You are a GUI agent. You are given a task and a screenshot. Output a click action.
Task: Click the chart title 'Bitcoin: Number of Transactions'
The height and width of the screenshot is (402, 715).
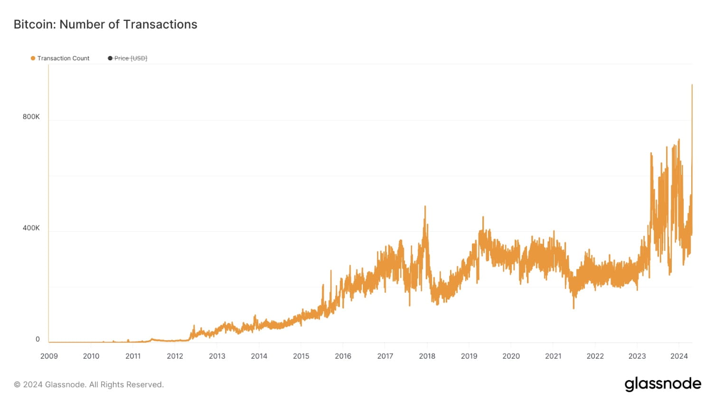105,24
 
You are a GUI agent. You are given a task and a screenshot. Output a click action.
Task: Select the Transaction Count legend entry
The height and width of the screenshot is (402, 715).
63,58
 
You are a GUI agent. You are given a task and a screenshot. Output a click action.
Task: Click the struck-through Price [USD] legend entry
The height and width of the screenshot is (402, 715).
131,58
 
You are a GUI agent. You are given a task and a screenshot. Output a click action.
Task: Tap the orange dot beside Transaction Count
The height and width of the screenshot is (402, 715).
33,58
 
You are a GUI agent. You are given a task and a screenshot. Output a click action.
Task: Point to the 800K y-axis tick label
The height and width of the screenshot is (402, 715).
31,117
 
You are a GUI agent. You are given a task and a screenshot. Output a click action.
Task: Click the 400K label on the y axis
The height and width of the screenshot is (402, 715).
31,228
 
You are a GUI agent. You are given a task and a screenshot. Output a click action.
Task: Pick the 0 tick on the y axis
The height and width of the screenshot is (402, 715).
38,339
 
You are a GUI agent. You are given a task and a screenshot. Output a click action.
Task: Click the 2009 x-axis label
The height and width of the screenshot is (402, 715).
49,356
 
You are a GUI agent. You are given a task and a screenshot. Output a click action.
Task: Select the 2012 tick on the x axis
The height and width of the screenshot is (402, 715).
175,356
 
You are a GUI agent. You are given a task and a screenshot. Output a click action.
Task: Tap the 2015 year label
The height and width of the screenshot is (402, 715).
301,356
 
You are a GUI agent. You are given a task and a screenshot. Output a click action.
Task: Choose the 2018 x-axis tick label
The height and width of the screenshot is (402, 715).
427,356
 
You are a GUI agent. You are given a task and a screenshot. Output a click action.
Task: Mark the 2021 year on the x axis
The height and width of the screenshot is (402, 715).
553,356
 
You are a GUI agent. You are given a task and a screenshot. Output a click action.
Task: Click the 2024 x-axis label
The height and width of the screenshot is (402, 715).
679,356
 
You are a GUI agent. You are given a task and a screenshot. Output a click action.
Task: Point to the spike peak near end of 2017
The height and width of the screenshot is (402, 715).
425,206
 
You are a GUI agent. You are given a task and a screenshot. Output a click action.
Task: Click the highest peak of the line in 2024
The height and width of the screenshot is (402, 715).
692,85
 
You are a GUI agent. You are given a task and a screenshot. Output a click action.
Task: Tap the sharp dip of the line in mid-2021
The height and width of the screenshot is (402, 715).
574,308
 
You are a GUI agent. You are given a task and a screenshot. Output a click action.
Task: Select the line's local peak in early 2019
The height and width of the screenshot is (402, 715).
483,217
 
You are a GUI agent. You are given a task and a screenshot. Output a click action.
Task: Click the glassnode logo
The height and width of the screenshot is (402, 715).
662,384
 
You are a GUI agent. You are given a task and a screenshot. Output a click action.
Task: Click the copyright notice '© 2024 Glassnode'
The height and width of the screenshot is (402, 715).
89,384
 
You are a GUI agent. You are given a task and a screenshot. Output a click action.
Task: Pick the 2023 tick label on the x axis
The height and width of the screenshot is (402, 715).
637,356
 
